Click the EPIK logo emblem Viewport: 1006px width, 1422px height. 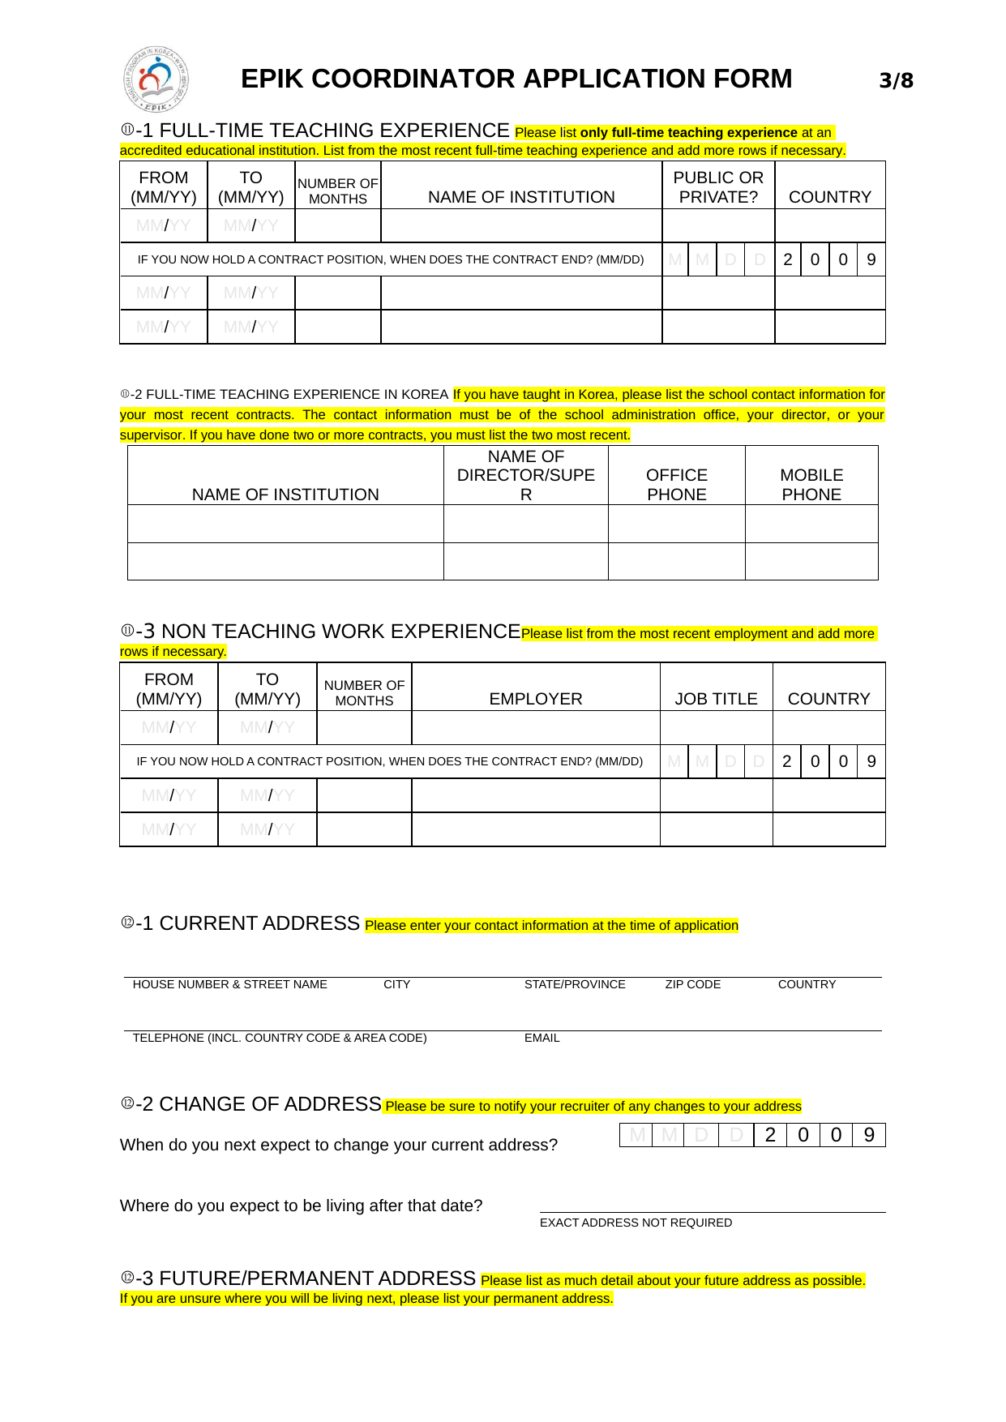coord(156,79)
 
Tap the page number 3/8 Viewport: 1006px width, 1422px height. coord(896,80)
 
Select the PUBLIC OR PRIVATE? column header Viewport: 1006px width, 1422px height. coord(718,187)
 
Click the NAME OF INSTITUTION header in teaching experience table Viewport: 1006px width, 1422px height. coord(521,197)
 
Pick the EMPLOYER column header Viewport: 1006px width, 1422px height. coord(536,699)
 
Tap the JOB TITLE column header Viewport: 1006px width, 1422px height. coord(716,699)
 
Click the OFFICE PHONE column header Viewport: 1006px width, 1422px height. coord(677,485)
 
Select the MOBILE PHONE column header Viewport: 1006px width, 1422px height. coord(811,485)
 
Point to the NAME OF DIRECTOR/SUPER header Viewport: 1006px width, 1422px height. coord(526,476)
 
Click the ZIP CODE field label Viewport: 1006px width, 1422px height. coord(692,984)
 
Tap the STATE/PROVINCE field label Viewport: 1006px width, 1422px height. coord(575,984)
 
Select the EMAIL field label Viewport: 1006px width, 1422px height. coord(542,1038)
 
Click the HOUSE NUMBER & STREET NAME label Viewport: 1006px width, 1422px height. coord(229,984)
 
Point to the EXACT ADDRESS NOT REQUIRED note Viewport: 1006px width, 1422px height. coord(636,1223)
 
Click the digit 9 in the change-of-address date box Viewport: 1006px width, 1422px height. coord(869,1135)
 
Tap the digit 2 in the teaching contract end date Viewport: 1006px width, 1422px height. coord(787,259)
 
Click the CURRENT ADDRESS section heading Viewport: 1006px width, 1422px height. coord(259,923)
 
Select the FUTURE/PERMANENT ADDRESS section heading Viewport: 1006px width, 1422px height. coord(317,1279)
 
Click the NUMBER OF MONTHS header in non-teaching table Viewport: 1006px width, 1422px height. coord(364,693)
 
